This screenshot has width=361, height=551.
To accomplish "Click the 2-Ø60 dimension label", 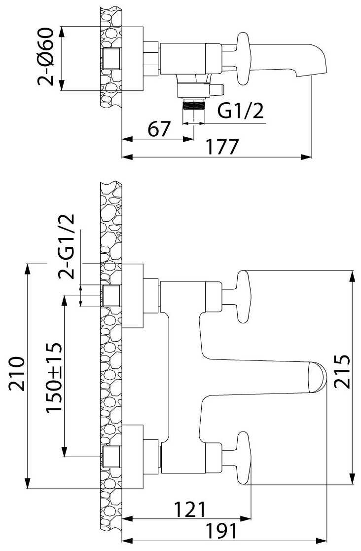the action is [x=46, y=57].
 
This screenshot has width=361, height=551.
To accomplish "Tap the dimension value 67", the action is [x=159, y=129].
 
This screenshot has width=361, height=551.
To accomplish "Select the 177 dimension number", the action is [x=221, y=147].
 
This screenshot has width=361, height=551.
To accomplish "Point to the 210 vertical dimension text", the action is [x=17, y=374].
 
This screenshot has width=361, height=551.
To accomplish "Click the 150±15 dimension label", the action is [x=54, y=378].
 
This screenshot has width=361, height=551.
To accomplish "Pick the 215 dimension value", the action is [x=342, y=371].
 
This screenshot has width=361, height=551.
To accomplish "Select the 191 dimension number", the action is [x=221, y=531].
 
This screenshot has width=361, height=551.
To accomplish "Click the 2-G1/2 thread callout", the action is [x=67, y=246].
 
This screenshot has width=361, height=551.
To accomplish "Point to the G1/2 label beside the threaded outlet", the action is [x=241, y=112].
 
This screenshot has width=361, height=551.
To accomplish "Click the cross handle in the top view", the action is [x=243, y=59].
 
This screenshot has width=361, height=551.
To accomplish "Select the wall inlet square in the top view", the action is [x=111, y=58].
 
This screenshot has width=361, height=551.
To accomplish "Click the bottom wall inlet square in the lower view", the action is [x=111, y=457].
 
